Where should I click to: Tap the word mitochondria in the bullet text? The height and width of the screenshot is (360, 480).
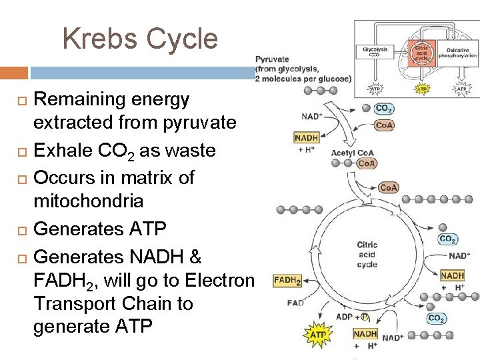tap(88, 201)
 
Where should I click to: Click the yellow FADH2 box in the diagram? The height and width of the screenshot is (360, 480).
tap(287, 281)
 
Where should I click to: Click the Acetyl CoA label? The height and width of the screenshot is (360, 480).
tap(353, 153)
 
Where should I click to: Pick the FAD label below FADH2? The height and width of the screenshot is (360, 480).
tap(295, 303)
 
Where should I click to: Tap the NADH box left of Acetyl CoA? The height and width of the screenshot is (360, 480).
tap(306, 138)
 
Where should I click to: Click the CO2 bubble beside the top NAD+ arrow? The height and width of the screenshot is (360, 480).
tap(384, 109)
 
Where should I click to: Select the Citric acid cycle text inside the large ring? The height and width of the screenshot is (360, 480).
tap(367, 255)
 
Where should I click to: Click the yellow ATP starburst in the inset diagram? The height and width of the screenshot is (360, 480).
tap(421, 88)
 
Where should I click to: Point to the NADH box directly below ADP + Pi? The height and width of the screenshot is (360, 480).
tap(365, 333)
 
